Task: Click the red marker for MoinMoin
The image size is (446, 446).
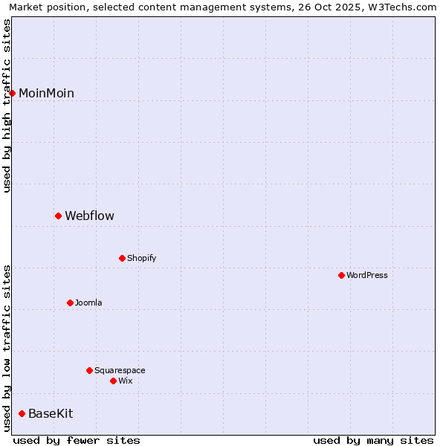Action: coord(12,93)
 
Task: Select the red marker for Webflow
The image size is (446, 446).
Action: coord(58,216)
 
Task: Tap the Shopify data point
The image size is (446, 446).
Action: coord(122,258)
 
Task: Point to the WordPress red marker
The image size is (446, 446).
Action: coord(341,275)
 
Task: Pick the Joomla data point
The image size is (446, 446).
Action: coord(70,303)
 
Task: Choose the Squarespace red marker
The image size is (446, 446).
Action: coord(89,370)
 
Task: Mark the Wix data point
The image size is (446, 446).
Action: coord(113,381)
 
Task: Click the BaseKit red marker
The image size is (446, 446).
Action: coord(22,413)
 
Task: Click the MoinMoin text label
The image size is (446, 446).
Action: coord(46,93)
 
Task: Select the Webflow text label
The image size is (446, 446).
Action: coord(89,216)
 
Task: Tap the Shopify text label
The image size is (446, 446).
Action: coord(141,258)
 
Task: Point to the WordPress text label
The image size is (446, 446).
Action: coord(366,275)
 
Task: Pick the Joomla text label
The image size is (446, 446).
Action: coord(88,303)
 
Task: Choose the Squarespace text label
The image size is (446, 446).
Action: coord(120,370)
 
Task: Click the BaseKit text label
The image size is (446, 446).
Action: coord(51,413)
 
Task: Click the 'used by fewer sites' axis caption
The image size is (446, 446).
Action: coord(77,440)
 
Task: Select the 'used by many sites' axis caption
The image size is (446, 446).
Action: coord(373,440)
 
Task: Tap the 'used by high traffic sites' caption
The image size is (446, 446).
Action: coord(7,106)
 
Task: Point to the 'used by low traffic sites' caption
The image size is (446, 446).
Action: coord(7,347)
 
